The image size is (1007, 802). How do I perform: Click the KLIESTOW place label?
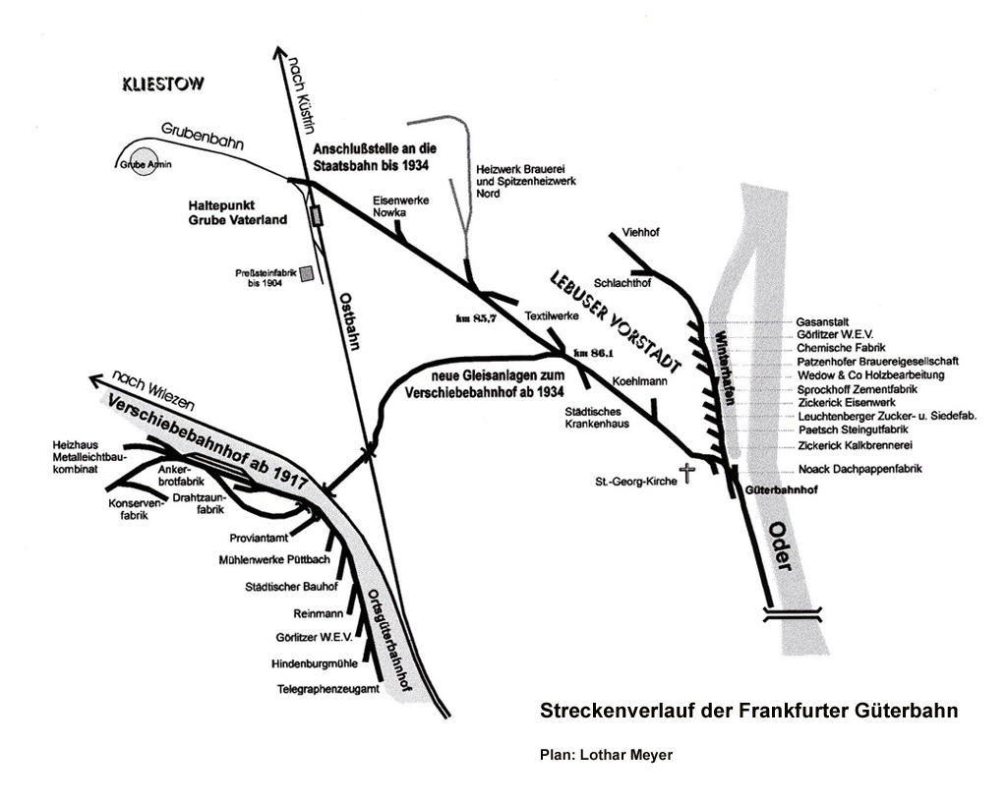coord(163,85)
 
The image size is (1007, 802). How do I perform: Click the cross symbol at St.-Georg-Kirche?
coord(687,474)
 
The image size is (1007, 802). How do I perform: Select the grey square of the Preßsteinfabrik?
coord(308,274)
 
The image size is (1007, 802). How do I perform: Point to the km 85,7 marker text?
coord(477,318)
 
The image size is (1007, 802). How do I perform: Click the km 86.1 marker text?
coord(593,352)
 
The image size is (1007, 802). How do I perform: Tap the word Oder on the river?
coord(782,545)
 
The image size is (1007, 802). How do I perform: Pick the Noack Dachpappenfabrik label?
coord(859,469)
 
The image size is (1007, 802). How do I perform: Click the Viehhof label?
coord(640,232)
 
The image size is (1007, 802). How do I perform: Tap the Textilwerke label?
coord(552,315)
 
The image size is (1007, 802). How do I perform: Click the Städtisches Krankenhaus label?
coord(597,418)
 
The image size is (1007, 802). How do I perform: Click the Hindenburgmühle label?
coord(315,663)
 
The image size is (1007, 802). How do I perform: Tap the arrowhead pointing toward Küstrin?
coord(279,53)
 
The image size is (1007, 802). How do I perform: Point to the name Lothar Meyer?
coord(626,755)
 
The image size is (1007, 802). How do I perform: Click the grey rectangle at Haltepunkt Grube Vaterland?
coord(317,215)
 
